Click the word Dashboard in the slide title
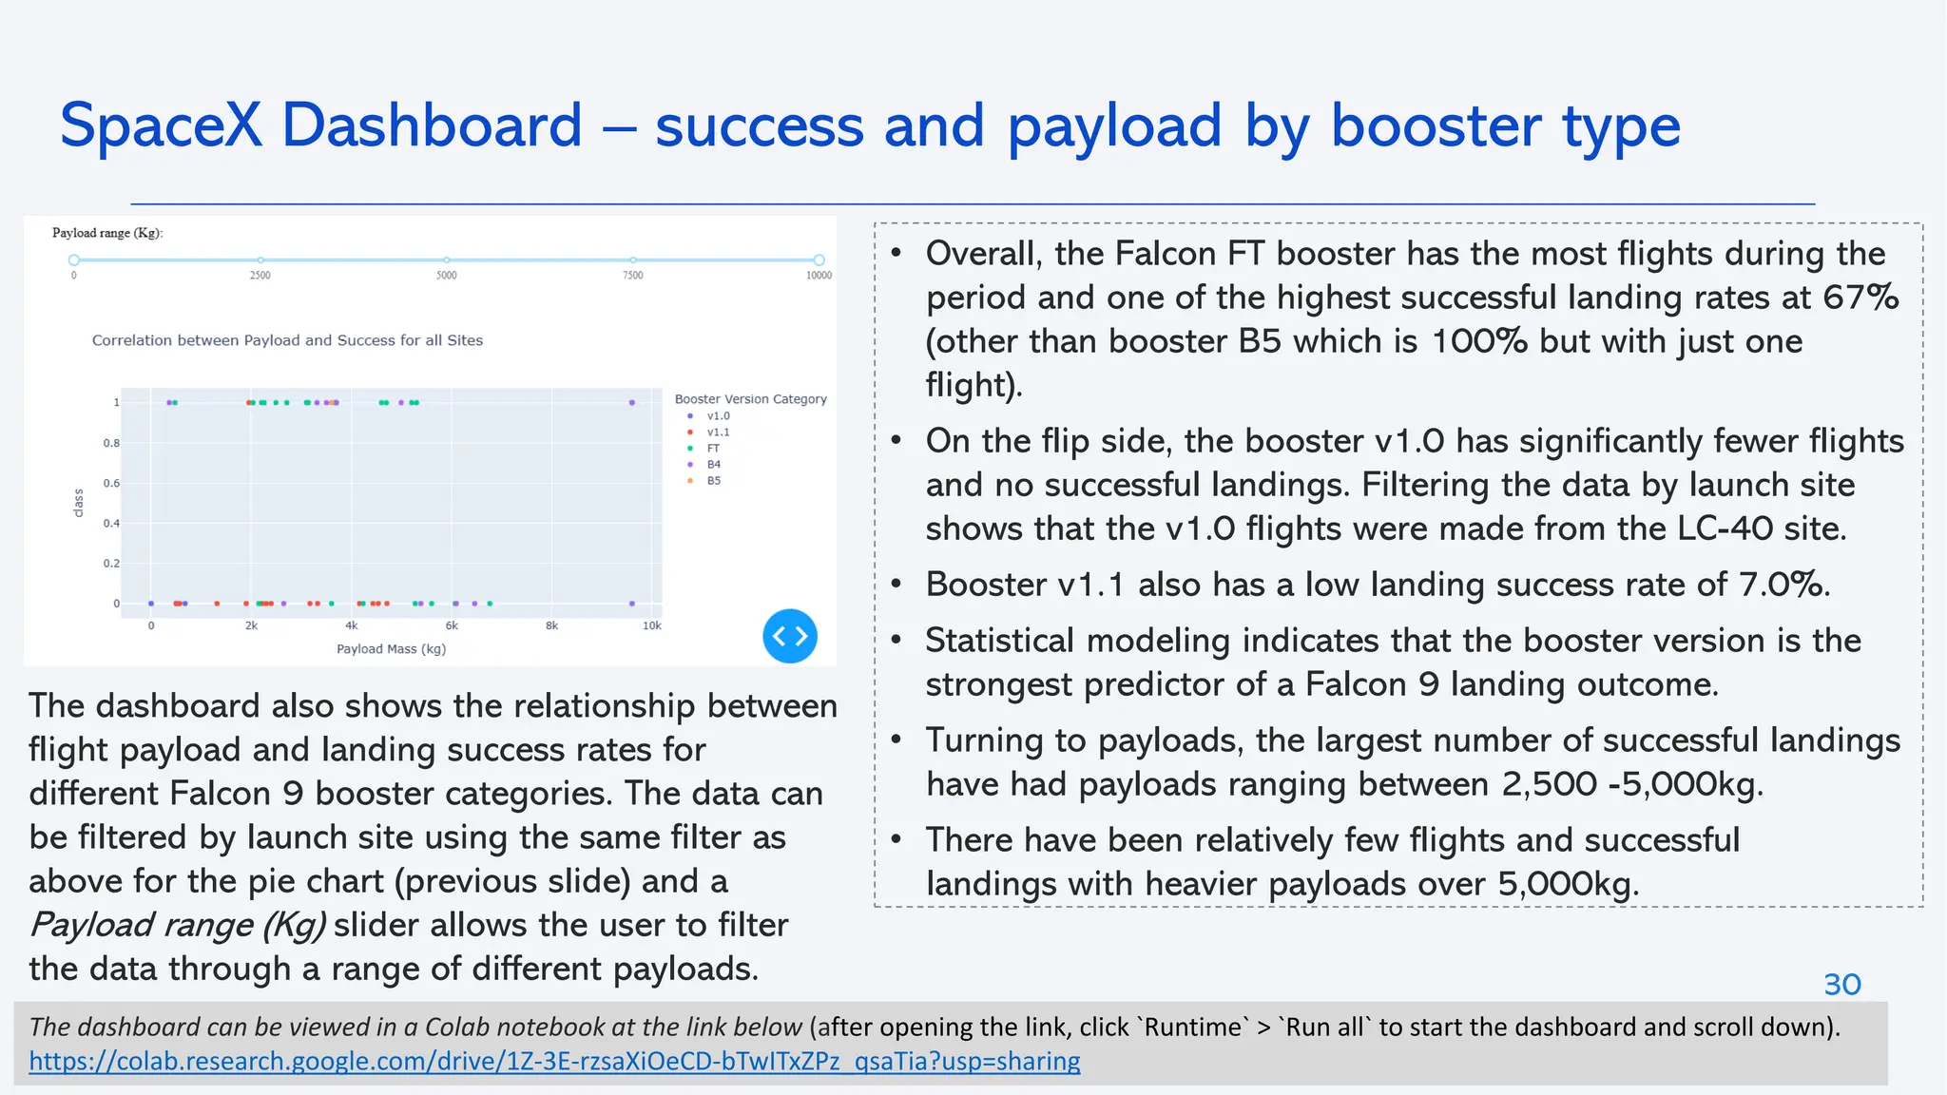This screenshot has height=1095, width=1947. pyautogui.click(x=432, y=126)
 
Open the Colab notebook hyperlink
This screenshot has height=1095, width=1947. pyautogui.click(x=554, y=1061)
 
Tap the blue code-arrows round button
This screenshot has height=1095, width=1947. pyautogui.click(x=790, y=636)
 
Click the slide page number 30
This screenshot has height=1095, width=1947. pyautogui.click(x=1841, y=985)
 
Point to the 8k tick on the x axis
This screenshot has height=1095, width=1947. pyautogui.click(x=551, y=626)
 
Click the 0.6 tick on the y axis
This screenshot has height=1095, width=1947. pyautogui.click(x=111, y=484)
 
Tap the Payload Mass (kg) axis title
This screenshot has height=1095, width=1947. pyautogui.click(x=391, y=649)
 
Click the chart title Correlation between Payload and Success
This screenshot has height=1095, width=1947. pyautogui.click(x=287, y=340)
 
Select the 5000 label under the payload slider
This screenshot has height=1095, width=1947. pyautogui.click(x=447, y=276)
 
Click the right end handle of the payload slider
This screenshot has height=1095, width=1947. pyautogui.click(x=819, y=259)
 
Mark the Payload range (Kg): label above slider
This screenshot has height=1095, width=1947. pyautogui.click(x=107, y=233)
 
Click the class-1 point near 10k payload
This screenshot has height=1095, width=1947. pyautogui.click(x=632, y=403)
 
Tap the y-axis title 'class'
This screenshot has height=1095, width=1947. pyautogui.click(x=79, y=503)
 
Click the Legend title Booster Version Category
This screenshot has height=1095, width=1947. pyautogui.click(x=750, y=399)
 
